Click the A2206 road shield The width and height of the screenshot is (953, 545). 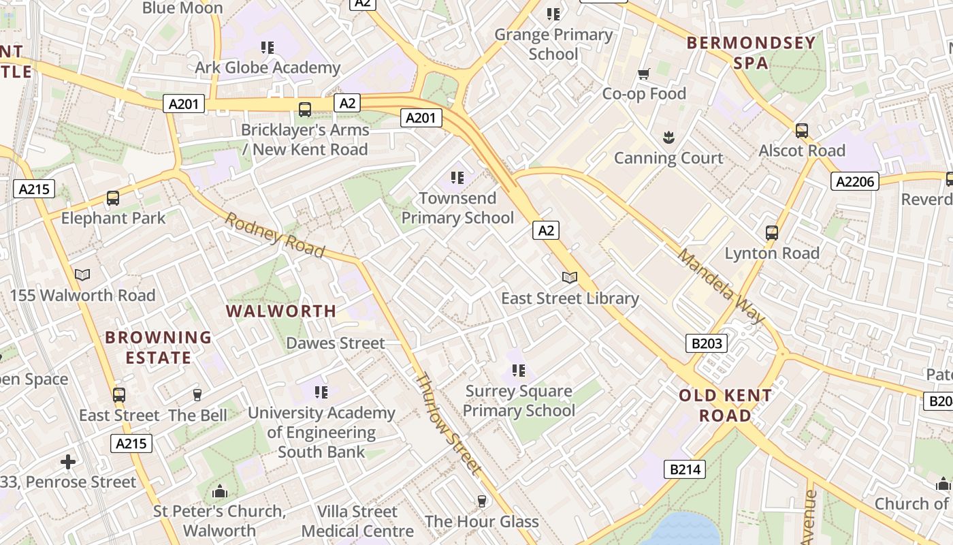tap(855, 181)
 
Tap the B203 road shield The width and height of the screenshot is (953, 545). tap(706, 343)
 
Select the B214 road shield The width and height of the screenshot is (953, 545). tap(684, 469)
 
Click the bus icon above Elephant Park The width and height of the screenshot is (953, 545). tap(113, 198)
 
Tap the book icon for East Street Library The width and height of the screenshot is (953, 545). tap(570, 278)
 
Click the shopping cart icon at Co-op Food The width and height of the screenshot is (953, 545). tap(643, 74)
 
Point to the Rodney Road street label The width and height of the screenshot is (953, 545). tap(275, 235)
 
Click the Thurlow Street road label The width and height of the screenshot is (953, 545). tap(449, 423)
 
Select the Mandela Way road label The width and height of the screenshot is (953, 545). tap(722, 286)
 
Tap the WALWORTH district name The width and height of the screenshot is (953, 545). tap(281, 311)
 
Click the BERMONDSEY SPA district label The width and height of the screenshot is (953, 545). tap(751, 52)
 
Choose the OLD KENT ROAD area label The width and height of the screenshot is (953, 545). tap(726, 405)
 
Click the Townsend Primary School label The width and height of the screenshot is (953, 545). tap(457, 208)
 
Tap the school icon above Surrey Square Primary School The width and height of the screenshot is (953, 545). tap(519, 371)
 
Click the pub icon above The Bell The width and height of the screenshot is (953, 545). tap(197, 395)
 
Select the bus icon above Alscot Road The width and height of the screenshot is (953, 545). tap(802, 130)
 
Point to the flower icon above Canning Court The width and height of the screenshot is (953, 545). tap(668, 138)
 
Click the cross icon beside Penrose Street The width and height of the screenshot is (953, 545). tap(68, 462)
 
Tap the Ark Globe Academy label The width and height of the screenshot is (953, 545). tap(268, 67)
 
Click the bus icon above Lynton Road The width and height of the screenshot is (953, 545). tap(772, 233)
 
